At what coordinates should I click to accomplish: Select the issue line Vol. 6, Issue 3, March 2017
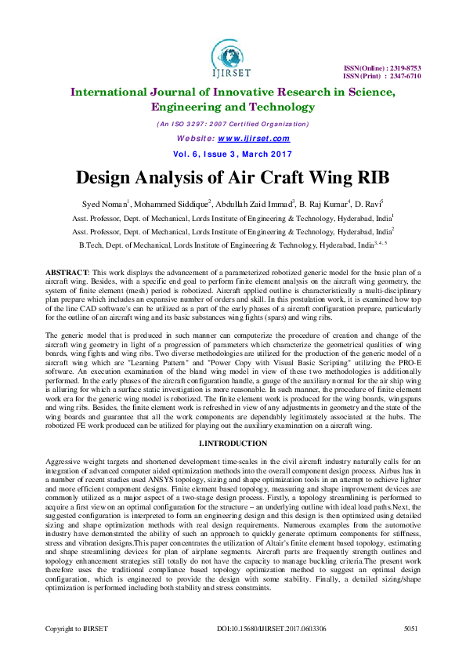233,153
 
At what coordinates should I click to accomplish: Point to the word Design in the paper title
116,176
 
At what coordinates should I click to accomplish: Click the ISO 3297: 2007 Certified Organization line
233,125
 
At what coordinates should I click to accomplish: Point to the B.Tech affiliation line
233,245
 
